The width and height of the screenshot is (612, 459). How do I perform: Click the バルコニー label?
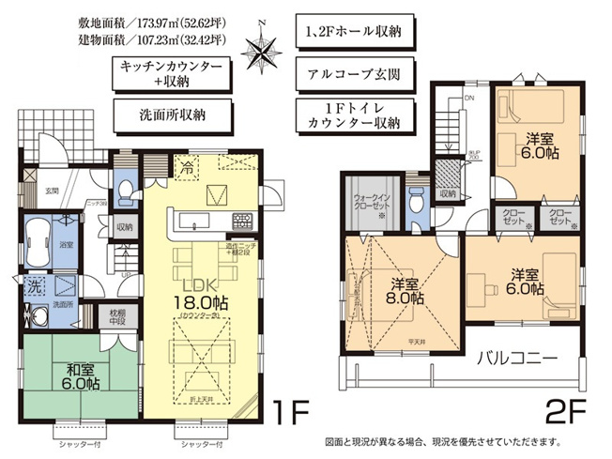tap(525, 358)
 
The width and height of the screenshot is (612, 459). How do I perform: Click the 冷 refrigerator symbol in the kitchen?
tap(189, 170)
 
